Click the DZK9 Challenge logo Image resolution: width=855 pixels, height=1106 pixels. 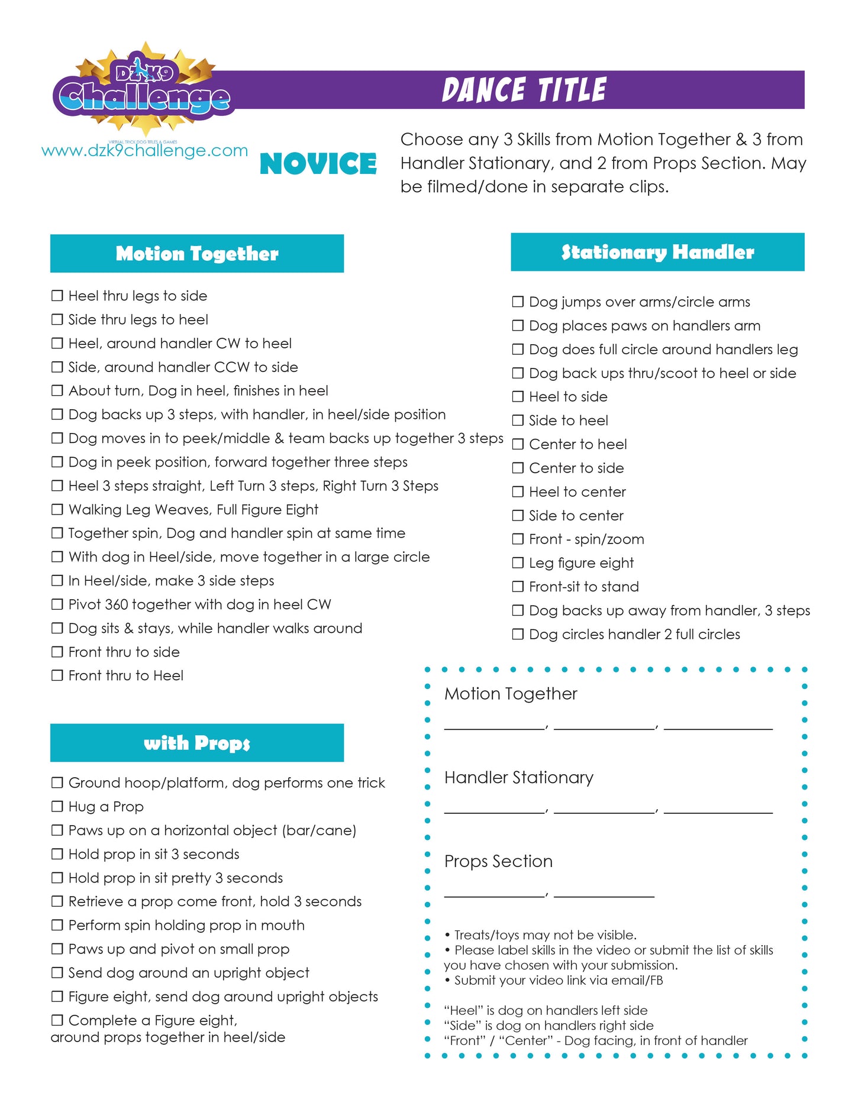[142, 89]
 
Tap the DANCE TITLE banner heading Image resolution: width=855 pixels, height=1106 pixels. [524, 90]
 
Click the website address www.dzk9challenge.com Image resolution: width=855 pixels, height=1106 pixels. [144, 151]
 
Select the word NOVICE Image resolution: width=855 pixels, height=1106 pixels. [318, 164]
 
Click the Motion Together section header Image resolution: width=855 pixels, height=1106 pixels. [196, 254]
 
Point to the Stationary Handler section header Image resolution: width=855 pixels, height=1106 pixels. [657, 253]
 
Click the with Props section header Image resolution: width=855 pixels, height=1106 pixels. [196, 743]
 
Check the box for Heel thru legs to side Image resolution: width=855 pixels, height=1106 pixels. [57, 296]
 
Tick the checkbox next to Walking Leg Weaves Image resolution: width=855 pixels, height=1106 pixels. [57, 509]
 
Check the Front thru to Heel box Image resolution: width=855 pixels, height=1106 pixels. [57, 675]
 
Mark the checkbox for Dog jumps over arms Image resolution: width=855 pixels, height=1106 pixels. [518, 302]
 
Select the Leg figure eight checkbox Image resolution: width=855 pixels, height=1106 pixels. [518, 562]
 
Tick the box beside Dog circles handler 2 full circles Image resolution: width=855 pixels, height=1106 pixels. [518, 634]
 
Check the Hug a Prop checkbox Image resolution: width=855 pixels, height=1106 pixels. [57, 806]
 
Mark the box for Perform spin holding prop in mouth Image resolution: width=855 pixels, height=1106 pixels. [57, 925]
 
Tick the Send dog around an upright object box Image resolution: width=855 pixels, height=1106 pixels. [57, 972]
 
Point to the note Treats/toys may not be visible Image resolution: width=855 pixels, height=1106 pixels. [544, 935]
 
